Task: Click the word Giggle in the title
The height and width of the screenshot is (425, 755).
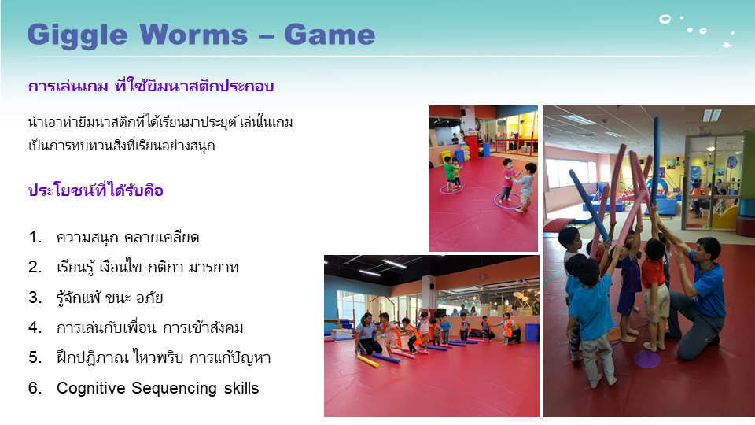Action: click(x=77, y=35)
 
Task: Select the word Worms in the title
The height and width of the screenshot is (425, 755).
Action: click(x=193, y=35)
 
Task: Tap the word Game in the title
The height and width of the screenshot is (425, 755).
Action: click(x=330, y=35)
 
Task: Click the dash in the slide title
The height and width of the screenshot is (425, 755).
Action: click(x=266, y=37)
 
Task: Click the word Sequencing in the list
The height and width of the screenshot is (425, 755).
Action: click(x=174, y=388)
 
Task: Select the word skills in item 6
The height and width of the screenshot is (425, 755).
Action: click(x=241, y=388)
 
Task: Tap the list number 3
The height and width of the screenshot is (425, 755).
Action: click(x=34, y=297)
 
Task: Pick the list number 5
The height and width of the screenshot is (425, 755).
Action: click(x=34, y=357)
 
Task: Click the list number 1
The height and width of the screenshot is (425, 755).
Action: click(x=34, y=237)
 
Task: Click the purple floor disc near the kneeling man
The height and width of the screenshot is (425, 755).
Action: click(x=646, y=359)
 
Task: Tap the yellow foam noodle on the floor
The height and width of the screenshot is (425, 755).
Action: click(x=367, y=361)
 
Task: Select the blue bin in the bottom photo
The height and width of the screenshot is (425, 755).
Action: click(x=532, y=332)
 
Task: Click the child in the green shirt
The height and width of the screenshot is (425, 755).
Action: click(x=449, y=172)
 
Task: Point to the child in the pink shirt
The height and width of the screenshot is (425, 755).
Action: click(x=507, y=181)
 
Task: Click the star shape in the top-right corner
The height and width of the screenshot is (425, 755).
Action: click(x=727, y=46)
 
